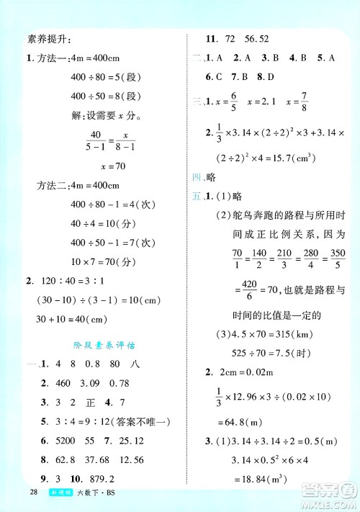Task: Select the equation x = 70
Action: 99,166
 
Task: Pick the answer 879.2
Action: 103,458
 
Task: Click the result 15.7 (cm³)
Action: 288,154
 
